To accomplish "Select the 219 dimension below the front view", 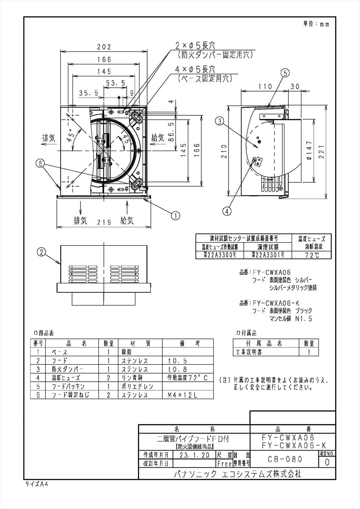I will pos(103,221).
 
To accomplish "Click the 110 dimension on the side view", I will pos(265,86).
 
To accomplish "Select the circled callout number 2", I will pos(41,252).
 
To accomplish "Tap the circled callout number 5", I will pos(285,73).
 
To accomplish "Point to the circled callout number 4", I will pos(228,210).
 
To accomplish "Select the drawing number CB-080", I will pos(285,459).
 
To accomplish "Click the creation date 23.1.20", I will pos(193,454).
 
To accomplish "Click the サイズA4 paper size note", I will pos(36,484).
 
